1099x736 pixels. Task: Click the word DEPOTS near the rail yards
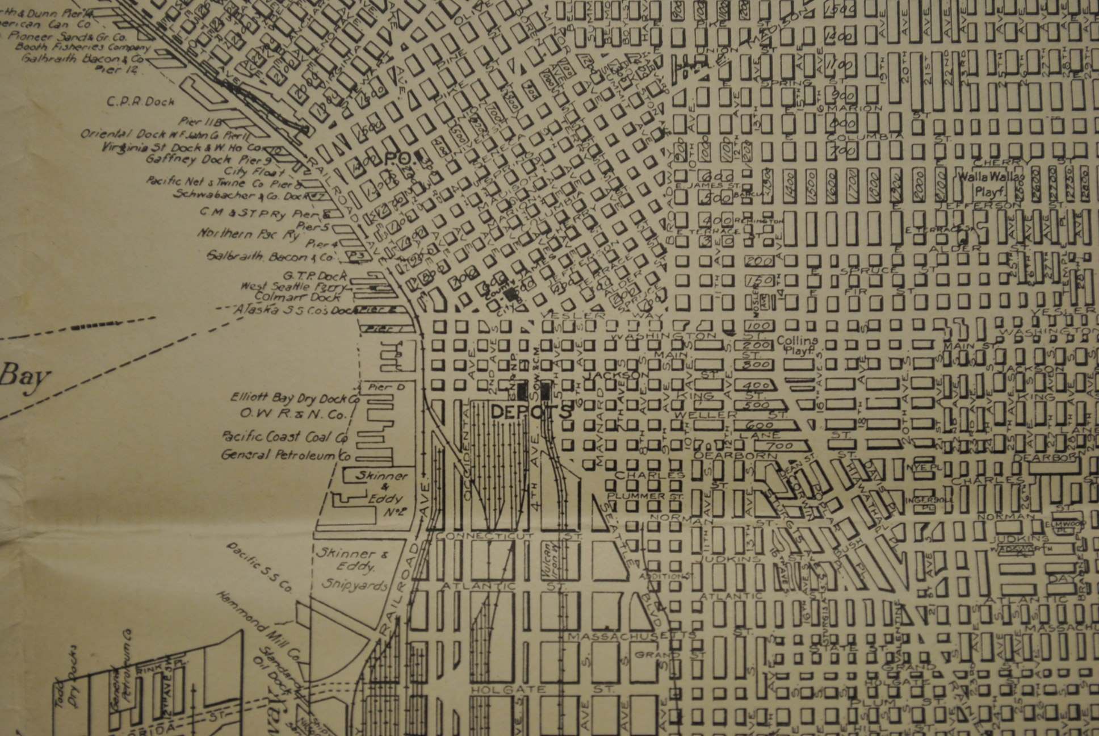coord(530,412)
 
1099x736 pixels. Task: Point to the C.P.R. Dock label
coord(141,102)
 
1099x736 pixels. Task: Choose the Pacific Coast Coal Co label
coord(284,437)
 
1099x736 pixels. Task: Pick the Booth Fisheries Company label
coord(83,47)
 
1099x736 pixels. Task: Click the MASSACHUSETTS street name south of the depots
coord(630,635)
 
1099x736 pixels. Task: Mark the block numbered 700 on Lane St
coord(779,446)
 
